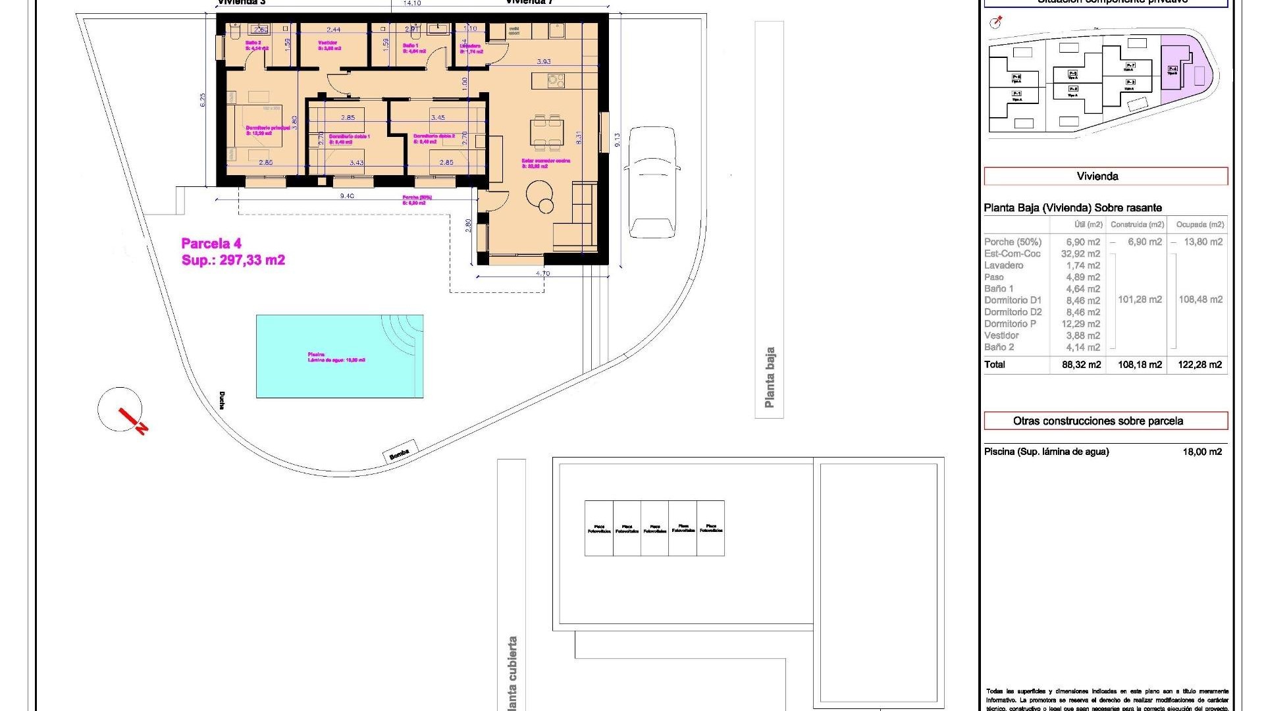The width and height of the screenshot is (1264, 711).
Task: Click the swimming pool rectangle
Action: (339, 356)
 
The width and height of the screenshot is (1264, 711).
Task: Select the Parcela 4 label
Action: (211, 244)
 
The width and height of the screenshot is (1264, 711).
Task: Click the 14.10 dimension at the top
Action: (411, 4)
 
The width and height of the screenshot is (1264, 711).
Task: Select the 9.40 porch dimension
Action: (347, 196)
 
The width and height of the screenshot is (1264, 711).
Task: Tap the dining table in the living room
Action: (547, 131)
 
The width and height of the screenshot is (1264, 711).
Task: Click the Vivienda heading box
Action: (1105, 176)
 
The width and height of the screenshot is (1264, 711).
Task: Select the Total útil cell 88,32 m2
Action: (1081, 365)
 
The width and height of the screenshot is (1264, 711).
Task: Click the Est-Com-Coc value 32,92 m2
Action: (1080, 253)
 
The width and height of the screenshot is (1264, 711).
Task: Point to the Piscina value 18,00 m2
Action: (1201, 452)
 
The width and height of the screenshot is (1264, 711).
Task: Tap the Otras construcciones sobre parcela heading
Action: (1105, 421)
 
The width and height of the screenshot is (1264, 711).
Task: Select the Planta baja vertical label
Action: (769, 377)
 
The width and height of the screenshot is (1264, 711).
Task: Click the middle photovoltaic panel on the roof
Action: (654, 528)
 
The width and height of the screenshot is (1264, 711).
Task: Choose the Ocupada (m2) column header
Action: (1199, 224)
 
